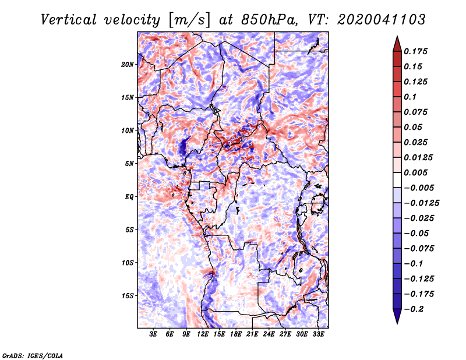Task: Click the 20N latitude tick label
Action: (x=128, y=65)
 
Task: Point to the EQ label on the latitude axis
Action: (x=129, y=197)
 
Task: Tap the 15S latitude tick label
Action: (x=128, y=296)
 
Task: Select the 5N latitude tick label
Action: (x=129, y=164)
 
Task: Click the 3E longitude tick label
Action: (x=153, y=334)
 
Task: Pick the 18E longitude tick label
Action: (x=236, y=334)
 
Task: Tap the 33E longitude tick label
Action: (x=318, y=334)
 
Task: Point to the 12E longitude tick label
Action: (x=203, y=334)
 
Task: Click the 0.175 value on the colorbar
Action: (x=415, y=51)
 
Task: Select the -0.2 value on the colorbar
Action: (x=414, y=309)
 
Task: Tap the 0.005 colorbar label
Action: (x=415, y=172)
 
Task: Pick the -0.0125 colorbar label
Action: (x=421, y=203)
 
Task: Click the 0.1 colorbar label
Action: (x=410, y=97)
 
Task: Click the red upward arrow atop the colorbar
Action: (x=397, y=44)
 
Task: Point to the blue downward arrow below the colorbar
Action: (x=397, y=316)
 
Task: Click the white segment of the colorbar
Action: (x=397, y=180)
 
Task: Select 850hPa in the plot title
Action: (x=269, y=20)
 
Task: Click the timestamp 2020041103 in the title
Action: (x=382, y=20)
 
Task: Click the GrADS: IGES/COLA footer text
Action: (x=33, y=356)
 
